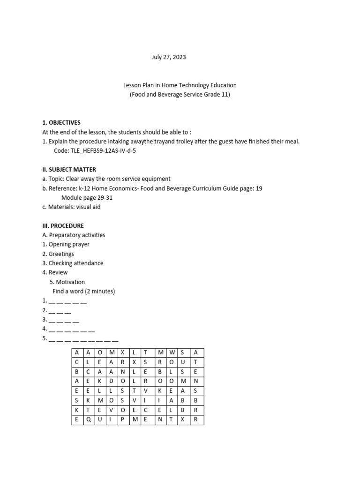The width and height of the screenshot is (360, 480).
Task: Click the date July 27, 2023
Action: coord(168,57)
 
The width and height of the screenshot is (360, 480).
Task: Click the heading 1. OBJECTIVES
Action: coord(61,123)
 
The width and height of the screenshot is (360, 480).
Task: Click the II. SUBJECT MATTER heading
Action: coord(69,170)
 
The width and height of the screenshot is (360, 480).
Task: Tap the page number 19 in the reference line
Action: coord(259,188)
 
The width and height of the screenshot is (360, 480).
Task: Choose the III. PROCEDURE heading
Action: coord(63,226)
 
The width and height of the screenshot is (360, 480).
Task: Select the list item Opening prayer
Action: coord(69,245)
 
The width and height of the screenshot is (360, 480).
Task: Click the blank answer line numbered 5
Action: coord(83,338)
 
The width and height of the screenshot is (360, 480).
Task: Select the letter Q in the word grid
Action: coord(88,419)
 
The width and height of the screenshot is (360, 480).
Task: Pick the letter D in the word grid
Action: coord(111,381)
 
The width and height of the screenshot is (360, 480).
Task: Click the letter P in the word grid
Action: coord(122,419)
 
